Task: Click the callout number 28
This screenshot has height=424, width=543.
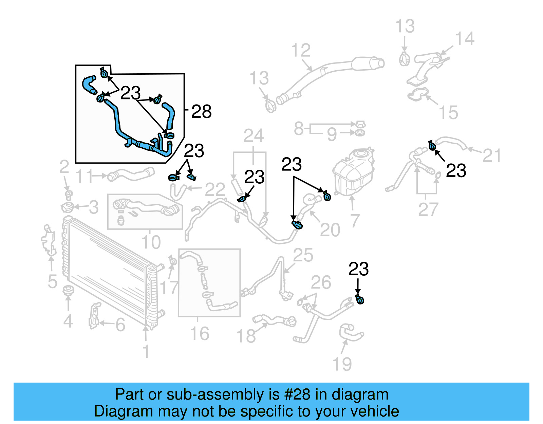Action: [x=201, y=111]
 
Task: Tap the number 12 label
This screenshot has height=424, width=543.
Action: [x=301, y=51]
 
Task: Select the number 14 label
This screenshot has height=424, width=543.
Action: [x=464, y=39]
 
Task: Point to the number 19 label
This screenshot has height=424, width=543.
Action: [x=342, y=364]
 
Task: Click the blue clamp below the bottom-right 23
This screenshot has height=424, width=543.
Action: [x=360, y=300]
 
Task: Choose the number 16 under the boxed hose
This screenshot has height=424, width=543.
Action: [x=200, y=333]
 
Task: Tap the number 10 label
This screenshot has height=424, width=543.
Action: [x=151, y=242]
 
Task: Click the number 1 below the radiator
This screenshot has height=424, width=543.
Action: [x=146, y=351]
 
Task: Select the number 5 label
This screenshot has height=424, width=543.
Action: [x=53, y=281]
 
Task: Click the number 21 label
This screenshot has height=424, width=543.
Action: [x=491, y=155]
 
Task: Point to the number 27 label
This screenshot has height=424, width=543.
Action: [x=428, y=209]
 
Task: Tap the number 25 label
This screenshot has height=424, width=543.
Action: [x=303, y=255]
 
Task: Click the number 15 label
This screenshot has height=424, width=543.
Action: [x=448, y=112]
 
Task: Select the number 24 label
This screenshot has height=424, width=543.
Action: [x=254, y=136]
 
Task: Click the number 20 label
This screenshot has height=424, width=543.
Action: [x=330, y=230]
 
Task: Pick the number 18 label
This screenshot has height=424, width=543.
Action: [x=246, y=336]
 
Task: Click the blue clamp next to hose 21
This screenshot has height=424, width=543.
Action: [x=432, y=146]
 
